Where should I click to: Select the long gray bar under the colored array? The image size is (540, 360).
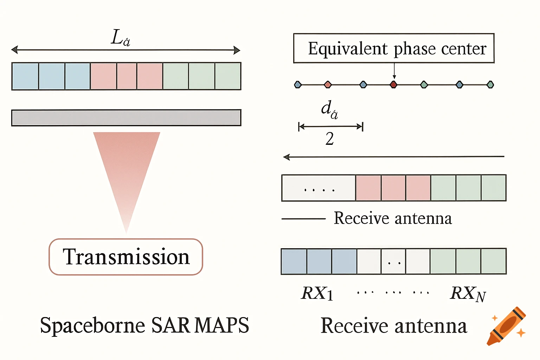(126, 118)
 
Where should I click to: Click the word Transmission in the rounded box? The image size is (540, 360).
(126, 257)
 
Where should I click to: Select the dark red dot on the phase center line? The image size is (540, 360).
(394, 84)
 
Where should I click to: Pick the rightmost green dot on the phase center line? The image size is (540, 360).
(490, 84)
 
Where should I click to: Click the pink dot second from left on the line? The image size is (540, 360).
(328, 84)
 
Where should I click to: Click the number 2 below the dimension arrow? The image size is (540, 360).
(329, 139)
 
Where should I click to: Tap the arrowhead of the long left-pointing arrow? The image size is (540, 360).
(287, 157)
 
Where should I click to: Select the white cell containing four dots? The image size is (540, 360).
(319, 188)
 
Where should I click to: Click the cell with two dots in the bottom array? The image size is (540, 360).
(393, 262)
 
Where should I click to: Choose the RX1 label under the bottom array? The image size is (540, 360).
(317, 293)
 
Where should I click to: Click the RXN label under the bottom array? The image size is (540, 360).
(468, 294)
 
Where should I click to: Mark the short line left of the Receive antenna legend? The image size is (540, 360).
(303, 219)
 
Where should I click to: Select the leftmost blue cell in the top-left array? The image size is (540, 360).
(25, 76)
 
